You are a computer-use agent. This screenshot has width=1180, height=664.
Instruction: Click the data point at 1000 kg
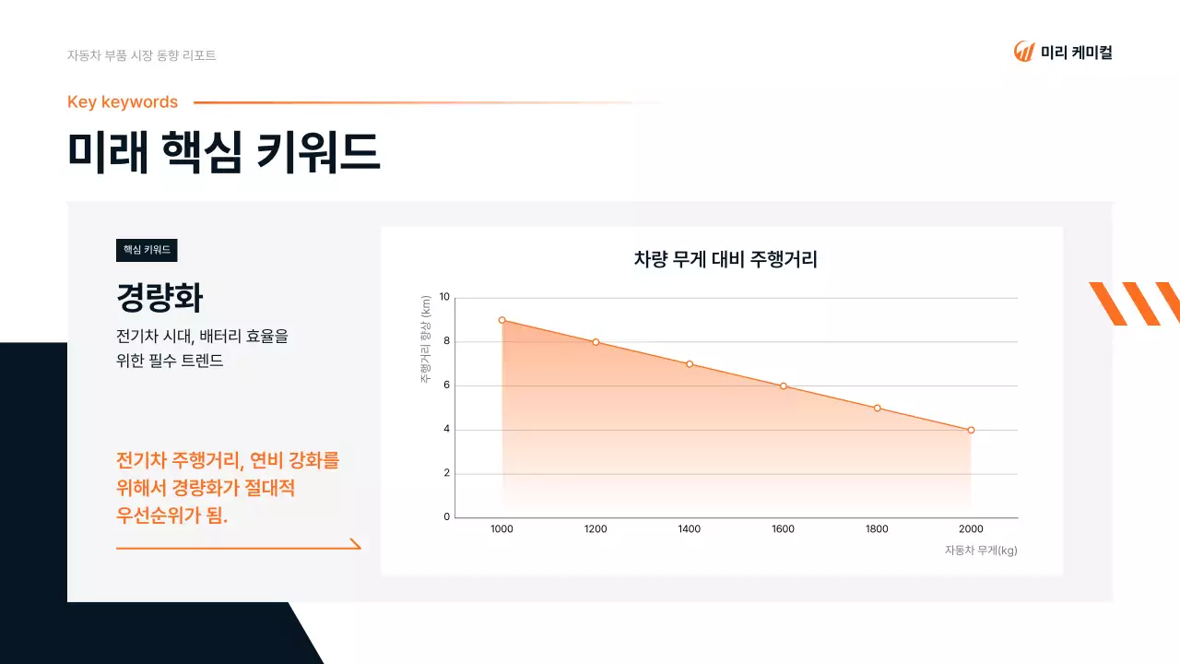pyautogui.click(x=501, y=320)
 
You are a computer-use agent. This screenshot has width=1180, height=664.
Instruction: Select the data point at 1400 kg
pyautogui.click(x=689, y=364)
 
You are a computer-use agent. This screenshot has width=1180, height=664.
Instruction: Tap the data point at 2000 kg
pyautogui.click(x=971, y=430)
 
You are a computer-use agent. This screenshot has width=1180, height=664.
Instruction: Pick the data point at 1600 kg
pyautogui.click(x=783, y=385)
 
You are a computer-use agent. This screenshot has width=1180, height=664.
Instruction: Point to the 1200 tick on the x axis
pyautogui.click(x=596, y=529)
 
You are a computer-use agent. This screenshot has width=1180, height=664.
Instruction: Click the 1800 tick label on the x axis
pyautogui.click(x=877, y=529)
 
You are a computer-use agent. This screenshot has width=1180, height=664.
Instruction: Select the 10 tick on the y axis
pyautogui.click(x=444, y=297)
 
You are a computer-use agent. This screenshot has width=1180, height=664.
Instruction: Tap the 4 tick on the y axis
pyautogui.click(x=446, y=430)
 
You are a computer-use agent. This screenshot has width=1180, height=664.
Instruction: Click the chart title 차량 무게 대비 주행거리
pyautogui.click(x=726, y=260)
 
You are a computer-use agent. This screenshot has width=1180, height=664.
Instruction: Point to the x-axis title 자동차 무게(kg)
pyautogui.click(x=980, y=551)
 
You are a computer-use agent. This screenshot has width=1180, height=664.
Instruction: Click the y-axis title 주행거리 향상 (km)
pyautogui.click(x=426, y=339)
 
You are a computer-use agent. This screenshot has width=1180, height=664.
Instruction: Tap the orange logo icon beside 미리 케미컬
pyautogui.click(x=1023, y=52)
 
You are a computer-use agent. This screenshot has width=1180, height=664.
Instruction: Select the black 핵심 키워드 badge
pyautogui.click(x=147, y=250)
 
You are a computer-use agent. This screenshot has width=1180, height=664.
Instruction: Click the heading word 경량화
pyautogui.click(x=159, y=298)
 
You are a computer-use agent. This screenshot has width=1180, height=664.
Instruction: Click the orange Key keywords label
pyautogui.click(x=123, y=102)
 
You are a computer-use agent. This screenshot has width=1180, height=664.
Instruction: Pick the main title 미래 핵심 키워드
pyautogui.click(x=224, y=152)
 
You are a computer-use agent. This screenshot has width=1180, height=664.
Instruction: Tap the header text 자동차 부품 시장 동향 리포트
pyautogui.click(x=142, y=55)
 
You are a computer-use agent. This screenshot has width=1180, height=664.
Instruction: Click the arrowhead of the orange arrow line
pyautogui.click(x=357, y=544)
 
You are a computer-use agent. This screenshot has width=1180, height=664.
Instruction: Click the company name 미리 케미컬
pyautogui.click(x=1076, y=53)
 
